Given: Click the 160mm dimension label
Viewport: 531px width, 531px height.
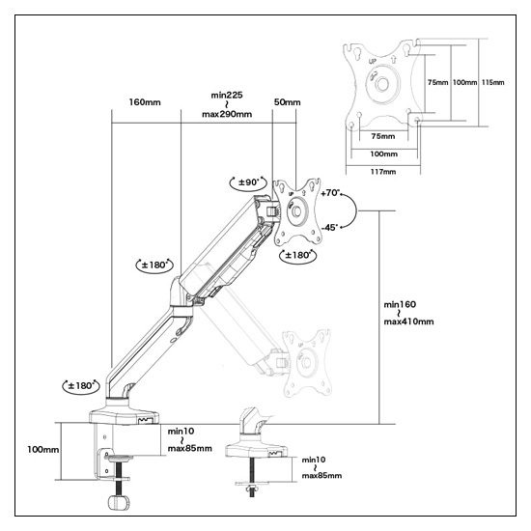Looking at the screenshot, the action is click(145, 102).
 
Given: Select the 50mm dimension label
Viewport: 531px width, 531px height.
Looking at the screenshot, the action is click(287, 102).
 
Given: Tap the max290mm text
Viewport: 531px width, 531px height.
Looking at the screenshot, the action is click(227, 114).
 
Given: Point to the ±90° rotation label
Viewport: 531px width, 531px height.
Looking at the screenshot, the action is click(248, 182).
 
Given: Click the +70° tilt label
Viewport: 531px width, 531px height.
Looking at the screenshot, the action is click(330, 193).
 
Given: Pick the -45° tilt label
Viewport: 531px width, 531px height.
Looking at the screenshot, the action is click(329, 227).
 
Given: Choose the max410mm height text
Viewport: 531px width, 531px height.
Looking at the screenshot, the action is click(408, 321).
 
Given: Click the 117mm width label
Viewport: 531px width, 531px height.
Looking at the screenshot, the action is click(383, 172).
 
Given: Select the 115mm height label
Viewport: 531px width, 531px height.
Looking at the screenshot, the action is click(492, 82).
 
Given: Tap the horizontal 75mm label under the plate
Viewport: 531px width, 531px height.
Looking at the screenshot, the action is click(383, 136).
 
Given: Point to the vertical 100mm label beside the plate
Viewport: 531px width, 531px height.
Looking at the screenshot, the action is click(464, 82).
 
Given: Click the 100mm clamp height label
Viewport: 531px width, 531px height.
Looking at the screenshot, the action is click(43, 449).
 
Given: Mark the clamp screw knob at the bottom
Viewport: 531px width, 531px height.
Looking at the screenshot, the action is click(119, 502).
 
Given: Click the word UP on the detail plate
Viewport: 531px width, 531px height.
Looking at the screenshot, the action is click(372, 61).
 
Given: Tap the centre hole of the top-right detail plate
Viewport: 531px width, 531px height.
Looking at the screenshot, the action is click(382, 84).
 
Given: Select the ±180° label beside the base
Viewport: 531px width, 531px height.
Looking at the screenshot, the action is click(81, 386).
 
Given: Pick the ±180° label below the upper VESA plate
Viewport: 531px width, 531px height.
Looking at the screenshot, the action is click(297, 255).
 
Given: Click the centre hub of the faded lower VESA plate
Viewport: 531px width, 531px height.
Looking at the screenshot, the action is click(307, 363).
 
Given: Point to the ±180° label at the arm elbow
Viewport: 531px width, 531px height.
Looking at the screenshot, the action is click(154, 265).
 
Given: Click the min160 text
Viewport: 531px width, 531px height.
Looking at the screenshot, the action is click(400, 304).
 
